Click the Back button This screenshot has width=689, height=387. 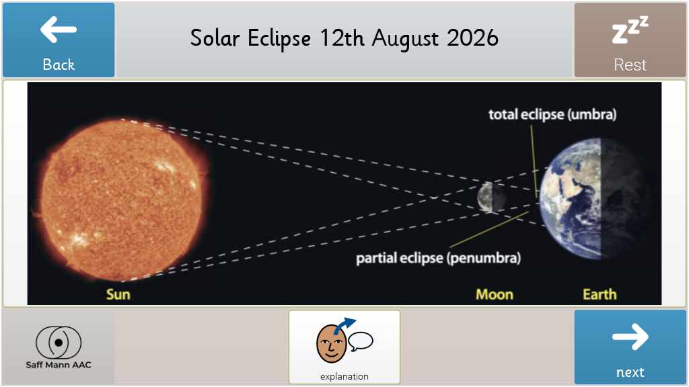tap(59, 40)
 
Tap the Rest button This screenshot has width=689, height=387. tap(630, 40)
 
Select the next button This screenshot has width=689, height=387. tap(630, 347)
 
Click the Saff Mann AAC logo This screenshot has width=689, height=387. tap(59, 347)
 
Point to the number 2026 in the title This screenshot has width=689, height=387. tap(472, 38)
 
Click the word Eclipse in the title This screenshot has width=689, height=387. tap(279, 39)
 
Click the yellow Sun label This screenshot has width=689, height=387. tap(118, 294)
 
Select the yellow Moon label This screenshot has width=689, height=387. tap(495, 294)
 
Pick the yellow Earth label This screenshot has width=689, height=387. tap(600, 294)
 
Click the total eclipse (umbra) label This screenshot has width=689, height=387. tap(552, 114)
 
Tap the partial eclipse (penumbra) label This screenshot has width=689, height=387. tap(438, 258)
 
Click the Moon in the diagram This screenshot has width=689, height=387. tap(491, 198)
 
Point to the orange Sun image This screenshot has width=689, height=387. tap(123, 200)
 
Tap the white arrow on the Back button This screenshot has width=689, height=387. tap(59, 30)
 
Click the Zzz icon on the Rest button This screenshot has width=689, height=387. tap(630, 30)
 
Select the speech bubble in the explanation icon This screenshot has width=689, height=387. tap(361, 341)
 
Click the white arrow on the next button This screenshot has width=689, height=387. tap(630, 337)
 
